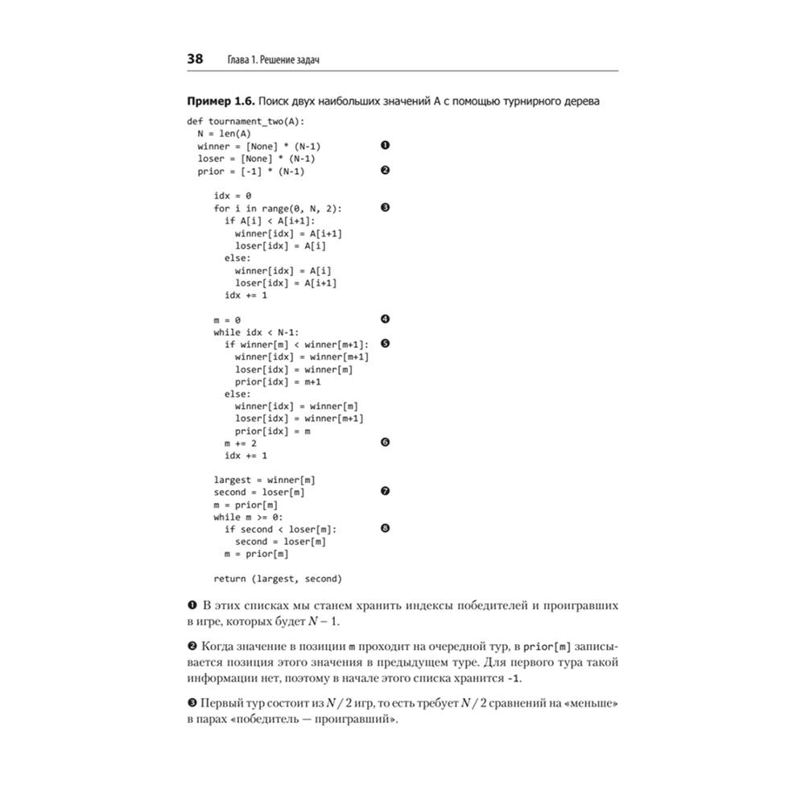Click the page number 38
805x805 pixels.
195,60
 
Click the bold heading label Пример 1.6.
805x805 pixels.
221,101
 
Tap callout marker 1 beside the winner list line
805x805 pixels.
385,146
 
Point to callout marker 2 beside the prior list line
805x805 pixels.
385,171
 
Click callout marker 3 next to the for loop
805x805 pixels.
385,208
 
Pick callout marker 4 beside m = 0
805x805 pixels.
385,319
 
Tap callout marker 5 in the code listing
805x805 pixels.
385,344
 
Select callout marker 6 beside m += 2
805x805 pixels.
385,443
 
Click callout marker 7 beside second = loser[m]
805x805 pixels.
385,492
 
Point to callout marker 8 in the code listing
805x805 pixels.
385,529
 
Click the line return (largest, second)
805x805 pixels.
278,579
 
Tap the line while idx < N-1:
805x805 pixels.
256,332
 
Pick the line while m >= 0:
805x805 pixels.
248,517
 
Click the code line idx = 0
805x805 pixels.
233,196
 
